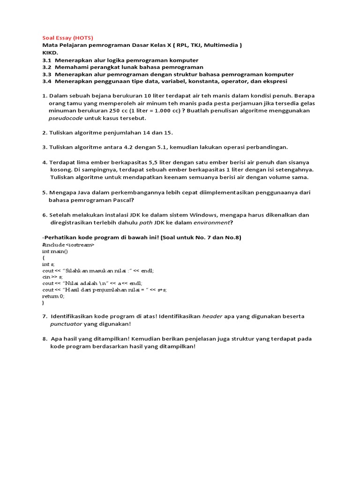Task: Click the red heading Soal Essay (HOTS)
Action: pos(67,37)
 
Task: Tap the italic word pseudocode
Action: pos(66,118)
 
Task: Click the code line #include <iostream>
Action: pos(68,245)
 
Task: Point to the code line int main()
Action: pos(55,251)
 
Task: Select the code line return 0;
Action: pos(53,296)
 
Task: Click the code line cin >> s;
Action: pos(52,277)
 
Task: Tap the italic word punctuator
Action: pos(66,324)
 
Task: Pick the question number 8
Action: pos(45,339)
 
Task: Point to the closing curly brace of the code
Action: pos(43,303)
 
